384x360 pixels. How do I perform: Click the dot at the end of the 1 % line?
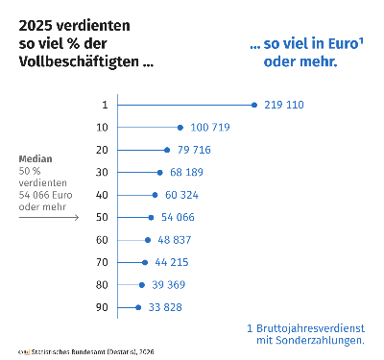(x=253, y=105)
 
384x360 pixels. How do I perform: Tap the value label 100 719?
(x=211, y=127)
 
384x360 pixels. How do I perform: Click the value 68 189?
(x=188, y=172)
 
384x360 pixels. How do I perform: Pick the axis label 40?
(x=102, y=195)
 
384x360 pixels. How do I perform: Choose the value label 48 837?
(x=177, y=240)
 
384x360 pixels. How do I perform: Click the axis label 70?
(x=102, y=262)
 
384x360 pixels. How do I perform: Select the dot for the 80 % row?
(x=142, y=285)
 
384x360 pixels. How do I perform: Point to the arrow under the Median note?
(x=49, y=217)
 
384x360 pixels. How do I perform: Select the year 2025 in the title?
(x=36, y=24)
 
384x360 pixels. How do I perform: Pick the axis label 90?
(x=102, y=307)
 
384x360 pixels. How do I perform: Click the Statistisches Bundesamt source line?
(x=86, y=352)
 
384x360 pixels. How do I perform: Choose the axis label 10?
(x=102, y=127)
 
